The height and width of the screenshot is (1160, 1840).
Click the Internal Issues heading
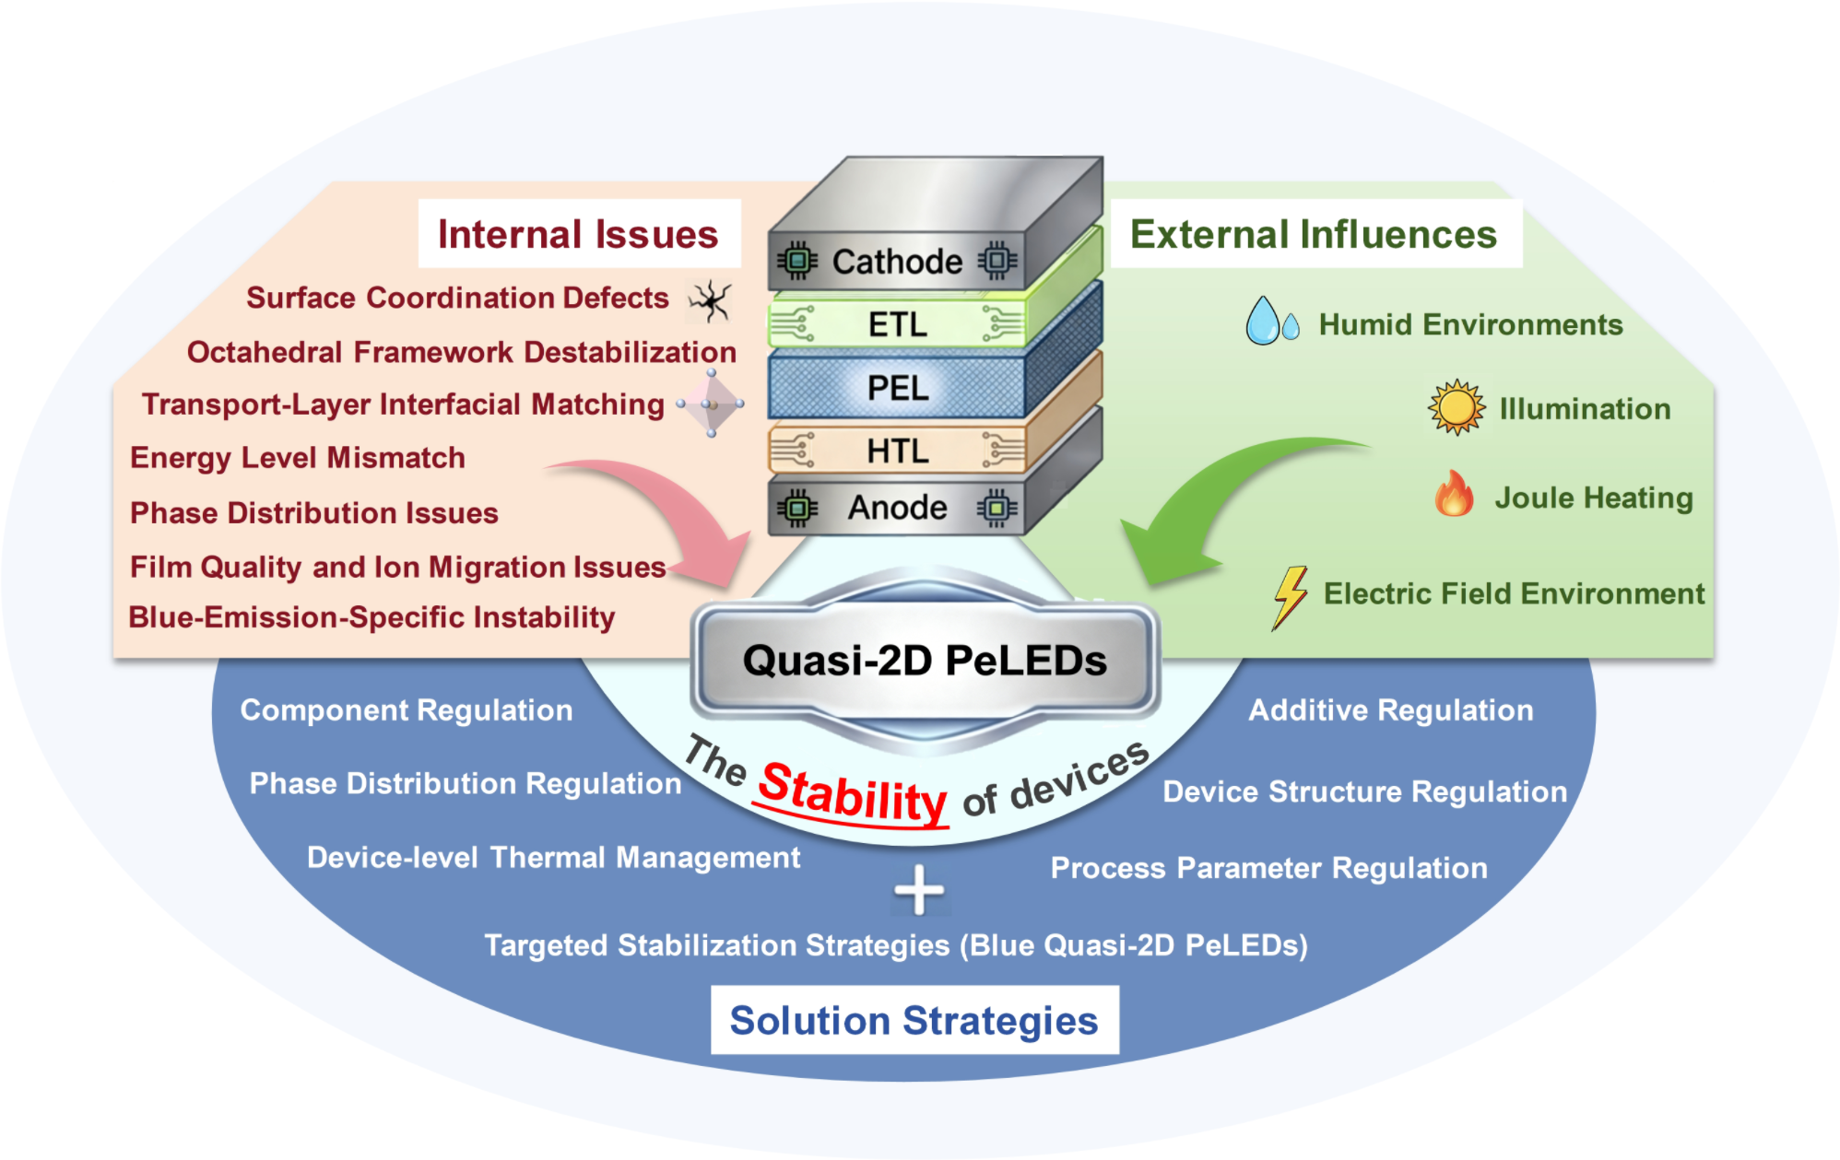[x=578, y=234]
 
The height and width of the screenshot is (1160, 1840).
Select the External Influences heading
[x=1314, y=234]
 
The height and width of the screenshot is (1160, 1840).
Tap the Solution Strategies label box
[x=914, y=1020]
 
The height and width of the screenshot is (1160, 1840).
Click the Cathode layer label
[x=897, y=262]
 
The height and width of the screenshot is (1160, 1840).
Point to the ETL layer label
[x=898, y=324]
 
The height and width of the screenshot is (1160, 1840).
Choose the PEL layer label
[x=898, y=388]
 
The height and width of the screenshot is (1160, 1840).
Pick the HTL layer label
[x=898, y=451]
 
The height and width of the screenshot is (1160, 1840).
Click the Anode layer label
[x=898, y=508]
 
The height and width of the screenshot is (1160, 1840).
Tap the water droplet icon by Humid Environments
[x=1272, y=321]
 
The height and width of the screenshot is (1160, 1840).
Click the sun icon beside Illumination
[x=1457, y=407]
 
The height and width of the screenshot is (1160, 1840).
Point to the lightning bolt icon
[x=1290, y=597]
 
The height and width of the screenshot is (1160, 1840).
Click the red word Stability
[x=852, y=792]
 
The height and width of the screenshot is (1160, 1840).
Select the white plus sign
[x=919, y=890]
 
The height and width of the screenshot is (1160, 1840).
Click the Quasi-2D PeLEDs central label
[x=925, y=661]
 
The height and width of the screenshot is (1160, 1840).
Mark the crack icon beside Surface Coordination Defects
[x=710, y=301]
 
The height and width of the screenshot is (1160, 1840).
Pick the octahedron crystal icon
[x=711, y=404]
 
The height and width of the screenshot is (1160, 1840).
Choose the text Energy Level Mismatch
[x=298, y=458]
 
